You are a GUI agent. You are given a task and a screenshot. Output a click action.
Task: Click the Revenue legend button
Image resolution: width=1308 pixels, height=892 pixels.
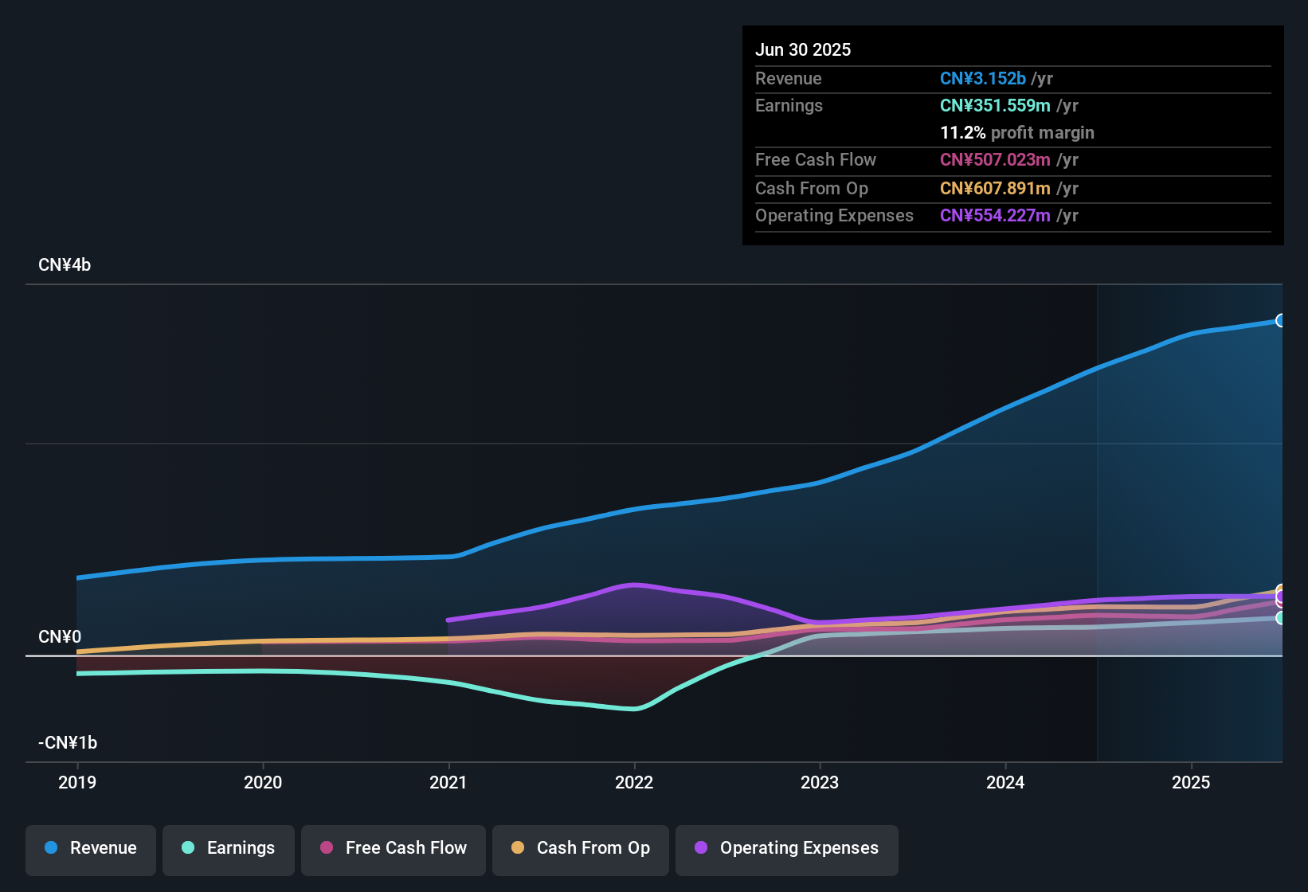pyautogui.click(x=91, y=848)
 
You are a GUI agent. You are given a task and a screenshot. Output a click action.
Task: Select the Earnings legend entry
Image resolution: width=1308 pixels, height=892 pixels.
pyautogui.click(x=229, y=848)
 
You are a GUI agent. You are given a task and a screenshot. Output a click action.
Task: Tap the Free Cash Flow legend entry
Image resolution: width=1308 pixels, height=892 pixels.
pyautogui.click(x=394, y=848)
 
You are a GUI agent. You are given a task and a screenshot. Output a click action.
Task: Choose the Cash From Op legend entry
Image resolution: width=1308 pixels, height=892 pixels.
pyautogui.click(x=581, y=848)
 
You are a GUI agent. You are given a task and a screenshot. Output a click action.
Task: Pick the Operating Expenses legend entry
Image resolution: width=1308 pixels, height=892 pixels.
pyautogui.click(x=787, y=848)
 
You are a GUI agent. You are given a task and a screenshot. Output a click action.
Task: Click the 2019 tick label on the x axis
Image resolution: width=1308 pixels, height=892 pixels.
pyautogui.click(x=77, y=782)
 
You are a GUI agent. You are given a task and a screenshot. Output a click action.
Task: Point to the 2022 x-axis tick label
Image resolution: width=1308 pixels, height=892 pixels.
pyautogui.click(x=634, y=782)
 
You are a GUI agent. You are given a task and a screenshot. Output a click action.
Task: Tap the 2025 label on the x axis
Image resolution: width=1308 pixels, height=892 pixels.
pyautogui.click(x=1190, y=782)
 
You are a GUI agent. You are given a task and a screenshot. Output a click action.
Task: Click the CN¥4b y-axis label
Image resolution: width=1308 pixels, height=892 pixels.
pyautogui.click(x=65, y=265)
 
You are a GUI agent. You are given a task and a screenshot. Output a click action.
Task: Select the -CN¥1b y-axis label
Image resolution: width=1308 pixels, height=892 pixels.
pyautogui.click(x=68, y=743)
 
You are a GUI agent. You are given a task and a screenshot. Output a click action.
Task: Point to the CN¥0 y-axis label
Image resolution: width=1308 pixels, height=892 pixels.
pyautogui.click(x=60, y=637)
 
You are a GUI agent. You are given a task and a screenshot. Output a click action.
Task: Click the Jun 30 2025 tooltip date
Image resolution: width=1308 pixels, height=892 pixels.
pyautogui.click(x=803, y=49)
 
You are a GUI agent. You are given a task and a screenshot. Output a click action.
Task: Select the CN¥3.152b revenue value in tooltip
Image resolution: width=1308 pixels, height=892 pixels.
pyautogui.click(x=983, y=79)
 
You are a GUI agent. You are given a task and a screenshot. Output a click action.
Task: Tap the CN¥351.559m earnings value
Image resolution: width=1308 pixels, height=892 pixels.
pyautogui.click(x=995, y=106)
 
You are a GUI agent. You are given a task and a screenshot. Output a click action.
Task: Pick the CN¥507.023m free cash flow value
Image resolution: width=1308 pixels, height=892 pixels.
pyautogui.click(x=995, y=160)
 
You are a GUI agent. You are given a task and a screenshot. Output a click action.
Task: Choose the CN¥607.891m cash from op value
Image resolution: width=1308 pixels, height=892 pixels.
pyautogui.click(x=995, y=189)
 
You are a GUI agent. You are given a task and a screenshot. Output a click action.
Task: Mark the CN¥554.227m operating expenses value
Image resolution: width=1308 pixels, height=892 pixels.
pyautogui.click(x=995, y=216)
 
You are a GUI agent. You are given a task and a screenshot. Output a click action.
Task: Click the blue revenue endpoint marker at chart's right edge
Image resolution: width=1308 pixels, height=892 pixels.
pyautogui.click(x=1280, y=320)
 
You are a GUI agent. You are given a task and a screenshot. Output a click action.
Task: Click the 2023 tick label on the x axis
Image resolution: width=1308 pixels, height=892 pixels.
pyautogui.click(x=820, y=782)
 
